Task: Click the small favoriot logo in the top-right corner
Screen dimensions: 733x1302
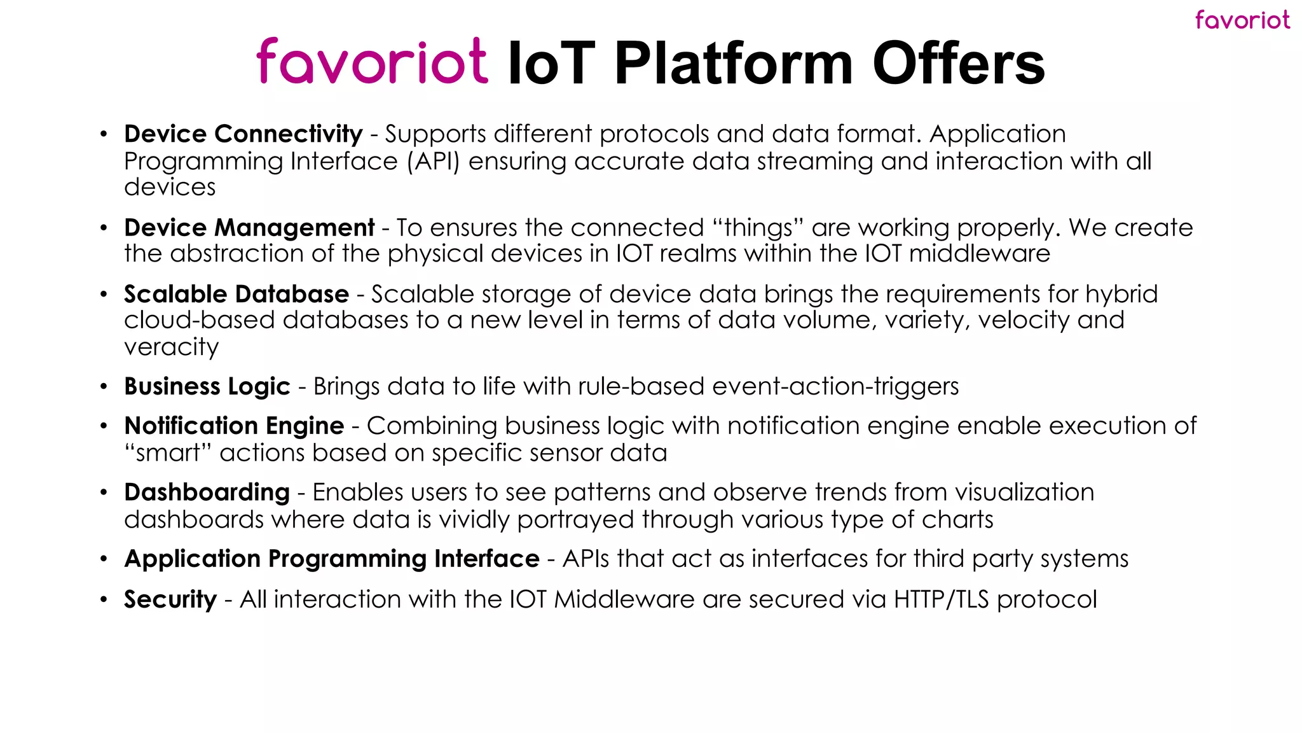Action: coord(1242,20)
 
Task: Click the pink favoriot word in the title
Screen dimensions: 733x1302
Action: coord(373,62)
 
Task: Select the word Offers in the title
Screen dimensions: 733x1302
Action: coord(959,64)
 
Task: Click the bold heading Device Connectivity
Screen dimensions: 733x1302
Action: coord(243,134)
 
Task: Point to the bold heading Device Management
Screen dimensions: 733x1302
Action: coord(249,228)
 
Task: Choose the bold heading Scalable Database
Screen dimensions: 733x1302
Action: coord(236,294)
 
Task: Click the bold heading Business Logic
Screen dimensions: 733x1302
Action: coord(207,386)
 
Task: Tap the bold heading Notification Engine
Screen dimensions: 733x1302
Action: coord(234,426)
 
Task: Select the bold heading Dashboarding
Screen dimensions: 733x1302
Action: coord(207,492)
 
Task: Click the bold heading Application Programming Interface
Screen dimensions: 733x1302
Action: coord(332,559)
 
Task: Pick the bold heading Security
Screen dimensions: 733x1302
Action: coord(170,599)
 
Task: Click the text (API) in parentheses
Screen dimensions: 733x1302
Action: coord(433,162)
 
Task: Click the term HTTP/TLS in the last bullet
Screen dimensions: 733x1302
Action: coord(941,599)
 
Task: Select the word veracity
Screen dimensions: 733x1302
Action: coord(172,347)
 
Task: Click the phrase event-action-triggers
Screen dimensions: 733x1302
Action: coord(835,386)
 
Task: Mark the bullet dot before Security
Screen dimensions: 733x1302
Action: coord(104,599)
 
